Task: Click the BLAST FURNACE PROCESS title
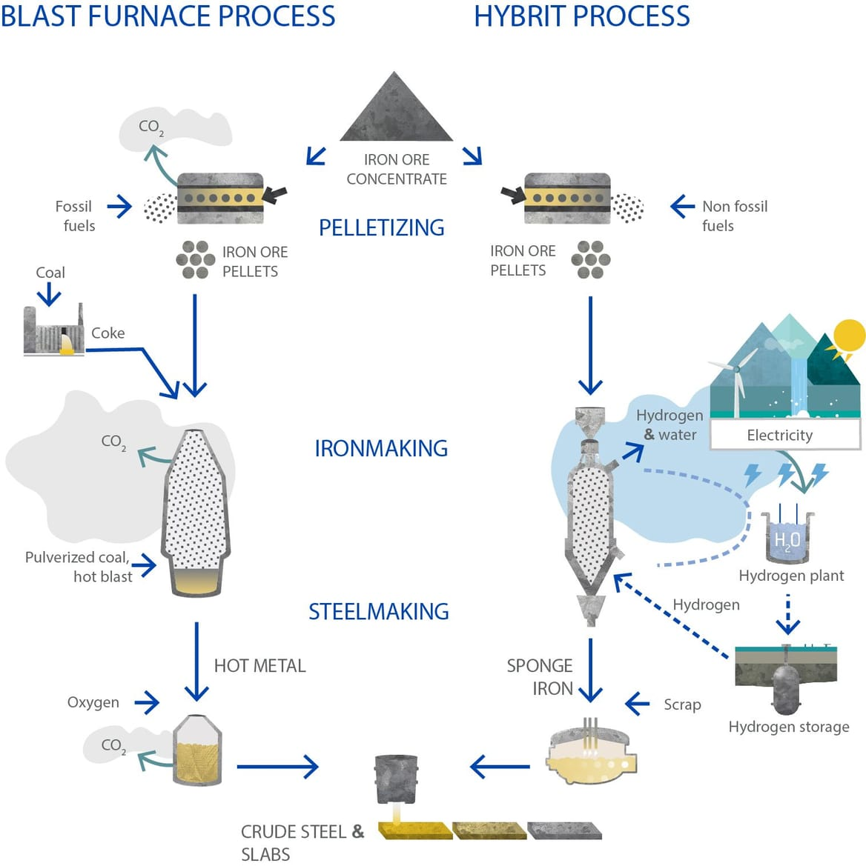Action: [168, 16]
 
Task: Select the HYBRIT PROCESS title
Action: [581, 16]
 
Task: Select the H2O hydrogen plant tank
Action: [787, 538]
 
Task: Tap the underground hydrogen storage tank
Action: [784, 685]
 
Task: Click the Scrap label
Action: [682, 705]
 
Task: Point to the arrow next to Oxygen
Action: [146, 702]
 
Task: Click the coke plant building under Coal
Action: [53, 332]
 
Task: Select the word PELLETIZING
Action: [381, 227]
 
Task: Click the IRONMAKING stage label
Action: [381, 448]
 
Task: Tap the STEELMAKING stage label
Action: [379, 611]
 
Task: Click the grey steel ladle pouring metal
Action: [397, 779]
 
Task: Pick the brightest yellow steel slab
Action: [415, 830]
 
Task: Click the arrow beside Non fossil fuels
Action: [682, 206]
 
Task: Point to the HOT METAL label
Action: [260, 666]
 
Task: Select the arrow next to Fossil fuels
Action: [119, 207]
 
